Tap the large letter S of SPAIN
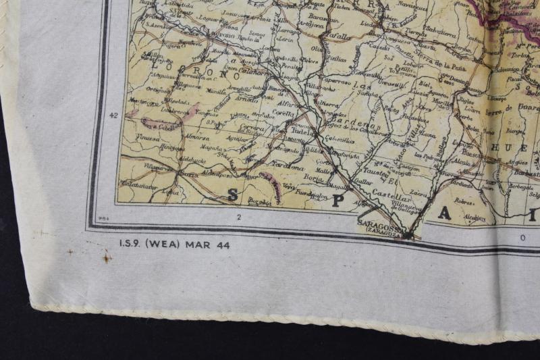coord(233,195)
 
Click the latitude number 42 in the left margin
coord(113,115)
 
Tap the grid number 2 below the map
coord(239,217)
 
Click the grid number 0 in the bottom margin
coord(522,238)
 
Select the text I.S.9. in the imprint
coord(131,245)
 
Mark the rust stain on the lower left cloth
coord(106,257)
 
